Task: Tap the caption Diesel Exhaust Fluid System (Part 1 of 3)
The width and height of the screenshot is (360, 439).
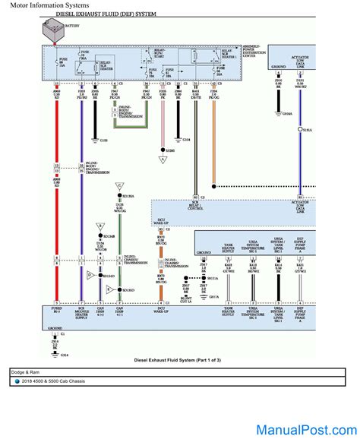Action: [179, 360]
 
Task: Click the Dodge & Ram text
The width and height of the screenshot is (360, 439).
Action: [27, 372]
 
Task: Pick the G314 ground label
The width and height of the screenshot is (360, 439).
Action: [64, 355]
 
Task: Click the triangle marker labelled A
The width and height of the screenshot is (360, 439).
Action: [162, 159]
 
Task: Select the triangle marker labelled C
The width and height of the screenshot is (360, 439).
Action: [118, 185]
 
